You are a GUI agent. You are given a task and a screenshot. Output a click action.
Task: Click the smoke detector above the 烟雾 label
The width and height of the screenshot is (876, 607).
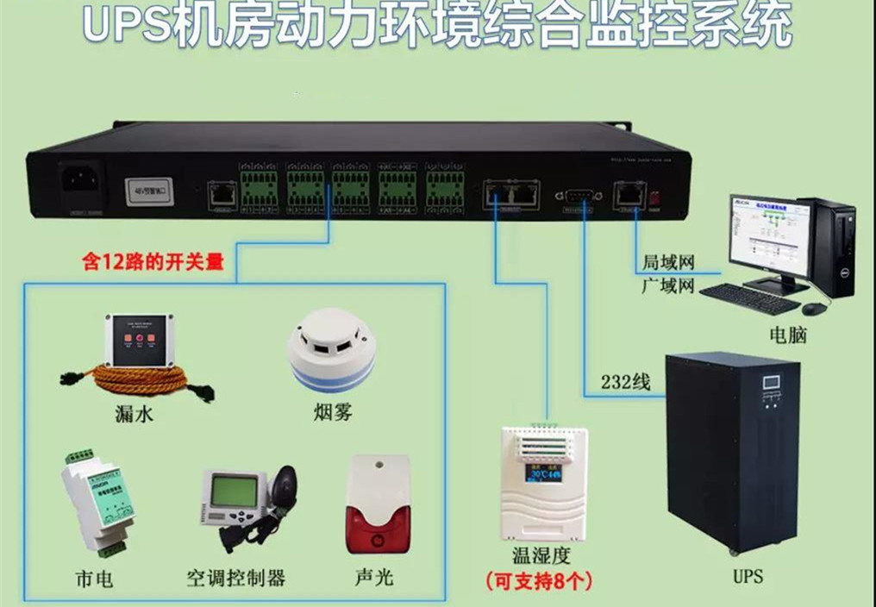click(x=331, y=349)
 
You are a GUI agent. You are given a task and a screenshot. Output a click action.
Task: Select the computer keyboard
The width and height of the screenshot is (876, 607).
click(x=748, y=297)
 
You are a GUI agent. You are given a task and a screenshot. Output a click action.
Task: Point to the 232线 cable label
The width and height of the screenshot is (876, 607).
click(x=625, y=382)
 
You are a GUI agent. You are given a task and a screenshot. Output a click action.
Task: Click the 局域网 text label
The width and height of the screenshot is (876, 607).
click(x=667, y=262)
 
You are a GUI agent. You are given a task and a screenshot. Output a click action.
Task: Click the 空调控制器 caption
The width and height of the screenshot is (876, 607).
click(x=235, y=577)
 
